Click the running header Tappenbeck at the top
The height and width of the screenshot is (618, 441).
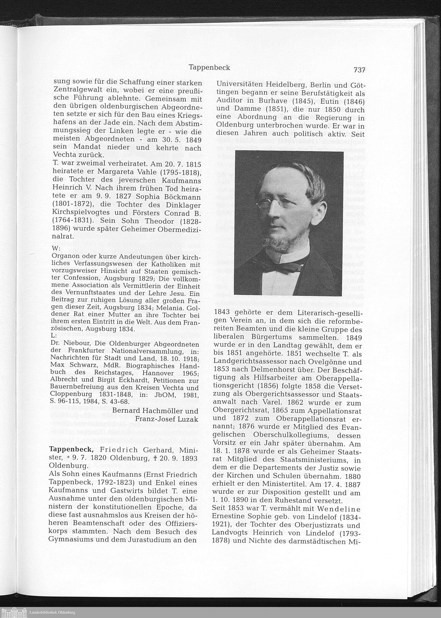[209, 67]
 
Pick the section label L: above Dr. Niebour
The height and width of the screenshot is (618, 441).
[54, 335]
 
